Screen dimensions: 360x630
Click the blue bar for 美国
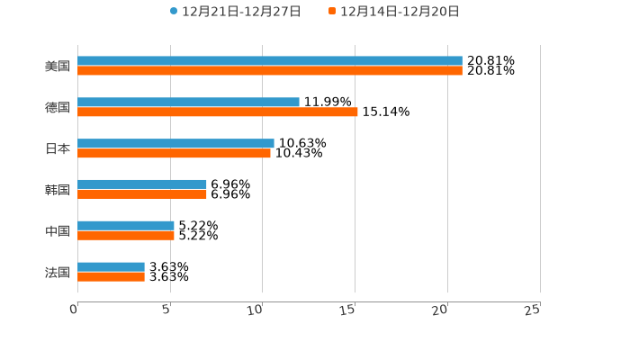pos(270,61)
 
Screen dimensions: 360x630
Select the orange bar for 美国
pos(270,71)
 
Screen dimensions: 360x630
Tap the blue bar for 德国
pos(188,103)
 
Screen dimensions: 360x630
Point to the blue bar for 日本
pos(175,143)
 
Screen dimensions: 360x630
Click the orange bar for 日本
pos(174,153)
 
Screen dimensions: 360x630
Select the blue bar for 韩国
pos(142,184)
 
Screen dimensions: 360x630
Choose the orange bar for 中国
pos(126,236)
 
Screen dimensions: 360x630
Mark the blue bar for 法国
pos(111,266)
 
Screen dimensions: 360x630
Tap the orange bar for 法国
pos(111,277)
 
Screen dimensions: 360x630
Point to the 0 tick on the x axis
pos(75,310)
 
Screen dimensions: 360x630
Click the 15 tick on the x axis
pos(349,310)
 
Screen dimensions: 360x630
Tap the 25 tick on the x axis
pos(533,310)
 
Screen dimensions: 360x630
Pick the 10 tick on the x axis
pos(256,310)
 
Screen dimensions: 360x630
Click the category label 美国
pos(58,67)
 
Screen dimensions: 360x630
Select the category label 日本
pos(58,148)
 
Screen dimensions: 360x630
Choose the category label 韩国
pos(58,190)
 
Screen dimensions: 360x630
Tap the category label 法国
pos(58,272)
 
